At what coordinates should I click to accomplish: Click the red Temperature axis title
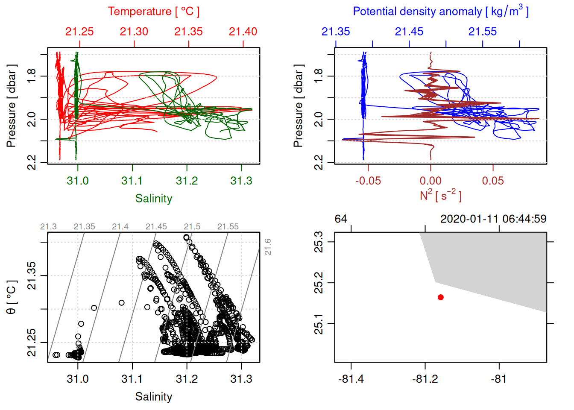click(x=153, y=12)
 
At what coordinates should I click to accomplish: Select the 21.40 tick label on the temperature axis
click(x=243, y=32)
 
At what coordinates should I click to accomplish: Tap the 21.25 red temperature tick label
click(x=79, y=32)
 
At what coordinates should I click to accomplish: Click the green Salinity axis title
click(x=153, y=199)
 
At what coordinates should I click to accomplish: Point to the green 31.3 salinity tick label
click(x=241, y=181)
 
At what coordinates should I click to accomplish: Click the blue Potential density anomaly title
click(x=440, y=12)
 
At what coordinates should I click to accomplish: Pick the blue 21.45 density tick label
click(x=409, y=32)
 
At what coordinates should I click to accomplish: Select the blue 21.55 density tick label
click(x=483, y=32)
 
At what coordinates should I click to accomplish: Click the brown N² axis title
click(x=440, y=196)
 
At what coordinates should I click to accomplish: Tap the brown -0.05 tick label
click(x=368, y=181)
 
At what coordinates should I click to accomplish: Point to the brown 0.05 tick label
click(x=493, y=181)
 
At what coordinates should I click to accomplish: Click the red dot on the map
click(x=441, y=297)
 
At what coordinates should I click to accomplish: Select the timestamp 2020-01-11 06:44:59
click(x=493, y=219)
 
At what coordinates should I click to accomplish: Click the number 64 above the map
click(x=341, y=219)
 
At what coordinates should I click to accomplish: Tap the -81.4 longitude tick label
click(x=351, y=379)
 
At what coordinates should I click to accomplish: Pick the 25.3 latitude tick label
click(x=319, y=242)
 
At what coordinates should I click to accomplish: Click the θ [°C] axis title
click(x=11, y=297)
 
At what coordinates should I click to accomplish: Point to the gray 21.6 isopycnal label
click(x=268, y=247)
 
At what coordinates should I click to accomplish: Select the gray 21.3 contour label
click(x=48, y=227)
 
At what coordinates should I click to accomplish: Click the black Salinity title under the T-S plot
click(x=153, y=397)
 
